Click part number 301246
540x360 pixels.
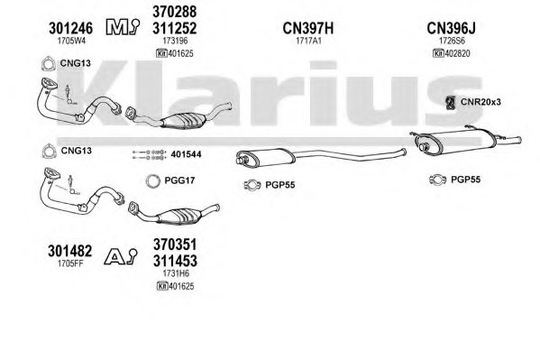[x=70, y=28]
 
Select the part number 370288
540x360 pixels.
[x=175, y=12]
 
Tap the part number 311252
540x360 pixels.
[x=175, y=28]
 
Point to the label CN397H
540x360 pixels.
[x=308, y=28]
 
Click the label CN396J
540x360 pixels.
[x=451, y=28]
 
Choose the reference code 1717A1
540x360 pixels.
[x=308, y=41]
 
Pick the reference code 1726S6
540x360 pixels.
[x=452, y=41]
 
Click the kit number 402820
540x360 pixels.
[x=457, y=53]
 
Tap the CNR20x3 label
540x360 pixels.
[x=481, y=102]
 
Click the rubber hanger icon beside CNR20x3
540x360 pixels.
[x=450, y=103]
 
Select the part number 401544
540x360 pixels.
[x=186, y=154]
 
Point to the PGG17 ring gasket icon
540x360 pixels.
[x=153, y=181]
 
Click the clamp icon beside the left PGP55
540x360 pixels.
[x=252, y=185]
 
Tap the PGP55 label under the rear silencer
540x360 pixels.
[x=465, y=180]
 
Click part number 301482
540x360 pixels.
[x=70, y=251]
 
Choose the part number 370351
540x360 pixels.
[x=175, y=245]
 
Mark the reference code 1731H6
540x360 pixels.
[x=176, y=273]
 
